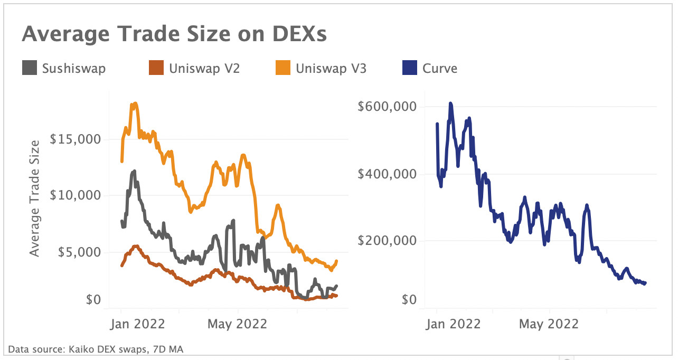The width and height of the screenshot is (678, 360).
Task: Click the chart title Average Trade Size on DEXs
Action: [x=174, y=34]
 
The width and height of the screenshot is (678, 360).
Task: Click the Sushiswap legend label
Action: [x=73, y=68]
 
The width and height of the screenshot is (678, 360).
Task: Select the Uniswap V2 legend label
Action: [x=204, y=68]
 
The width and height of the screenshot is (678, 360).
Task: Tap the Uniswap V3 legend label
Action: [x=331, y=68]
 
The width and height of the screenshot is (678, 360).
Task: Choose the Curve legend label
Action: [x=440, y=68]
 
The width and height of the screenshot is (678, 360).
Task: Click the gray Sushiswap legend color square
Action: [x=30, y=68]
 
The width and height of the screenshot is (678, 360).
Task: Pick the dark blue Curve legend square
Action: [x=410, y=68]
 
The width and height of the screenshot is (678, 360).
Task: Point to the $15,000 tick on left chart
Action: [x=74, y=140]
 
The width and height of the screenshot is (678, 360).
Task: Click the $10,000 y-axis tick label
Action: [x=74, y=196]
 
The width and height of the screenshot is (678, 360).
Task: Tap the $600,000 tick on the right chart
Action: [x=387, y=107]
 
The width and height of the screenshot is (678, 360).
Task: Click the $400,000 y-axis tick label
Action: [x=387, y=174]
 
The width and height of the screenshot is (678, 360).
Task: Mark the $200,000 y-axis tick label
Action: [x=387, y=241]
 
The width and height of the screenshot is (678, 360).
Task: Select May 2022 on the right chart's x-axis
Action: [x=549, y=323]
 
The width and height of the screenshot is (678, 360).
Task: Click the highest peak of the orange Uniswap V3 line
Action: [x=135, y=103]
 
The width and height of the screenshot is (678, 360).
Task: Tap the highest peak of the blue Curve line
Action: [x=450, y=103]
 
